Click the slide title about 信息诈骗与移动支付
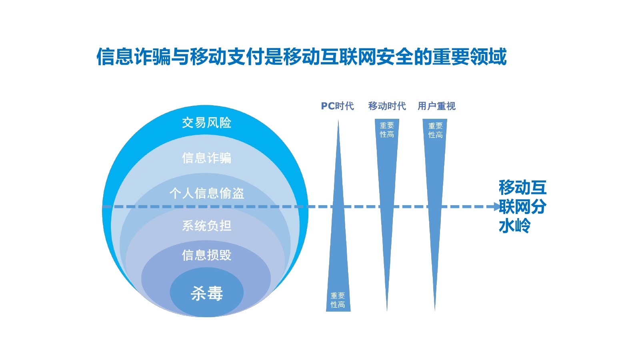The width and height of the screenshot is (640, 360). (301, 57)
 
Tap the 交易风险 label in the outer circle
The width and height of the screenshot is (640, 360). (206, 122)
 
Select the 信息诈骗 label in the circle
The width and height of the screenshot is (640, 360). (206, 158)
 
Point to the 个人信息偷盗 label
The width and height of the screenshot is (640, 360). (206, 193)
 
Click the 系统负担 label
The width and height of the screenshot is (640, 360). (206, 226)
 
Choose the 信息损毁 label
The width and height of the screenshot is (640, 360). (206, 255)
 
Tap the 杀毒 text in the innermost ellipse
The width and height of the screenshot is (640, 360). (206, 293)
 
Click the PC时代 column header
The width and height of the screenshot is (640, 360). (337, 106)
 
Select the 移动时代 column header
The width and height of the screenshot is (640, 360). (387, 106)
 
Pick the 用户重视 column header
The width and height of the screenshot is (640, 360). (436, 106)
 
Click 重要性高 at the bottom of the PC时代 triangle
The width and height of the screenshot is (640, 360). (338, 300)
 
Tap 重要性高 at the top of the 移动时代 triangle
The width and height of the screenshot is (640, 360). (387, 130)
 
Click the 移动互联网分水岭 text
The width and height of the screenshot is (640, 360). (522, 206)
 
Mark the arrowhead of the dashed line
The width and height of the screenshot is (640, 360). (496, 207)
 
